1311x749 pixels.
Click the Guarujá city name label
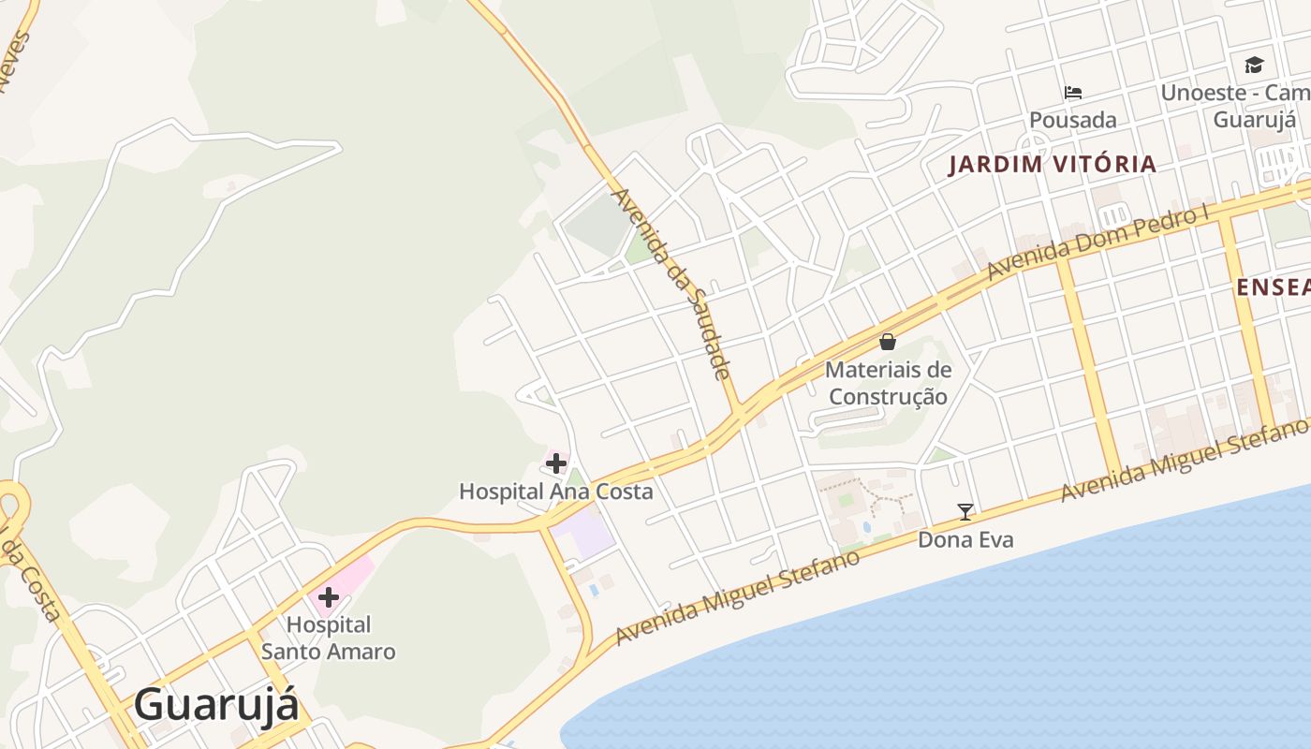click(x=216, y=704)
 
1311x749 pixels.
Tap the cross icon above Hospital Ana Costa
click(x=556, y=463)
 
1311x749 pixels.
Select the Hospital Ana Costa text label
click(x=555, y=491)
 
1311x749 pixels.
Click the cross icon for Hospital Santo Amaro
click(x=328, y=597)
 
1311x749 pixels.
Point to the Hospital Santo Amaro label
click(x=328, y=638)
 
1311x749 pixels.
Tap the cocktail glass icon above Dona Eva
click(x=965, y=511)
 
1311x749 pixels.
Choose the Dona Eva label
click(x=965, y=539)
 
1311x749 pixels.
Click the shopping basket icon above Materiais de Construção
click(x=888, y=342)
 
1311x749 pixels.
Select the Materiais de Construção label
click(x=888, y=383)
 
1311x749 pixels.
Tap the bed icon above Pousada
click(x=1073, y=92)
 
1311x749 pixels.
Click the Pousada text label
click(x=1073, y=120)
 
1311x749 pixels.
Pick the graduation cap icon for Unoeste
click(x=1254, y=65)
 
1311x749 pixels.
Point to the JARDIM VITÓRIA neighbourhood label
click(x=1053, y=164)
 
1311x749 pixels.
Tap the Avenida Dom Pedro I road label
click(x=1098, y=242)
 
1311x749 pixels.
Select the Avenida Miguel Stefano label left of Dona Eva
click(x=738, y=597)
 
